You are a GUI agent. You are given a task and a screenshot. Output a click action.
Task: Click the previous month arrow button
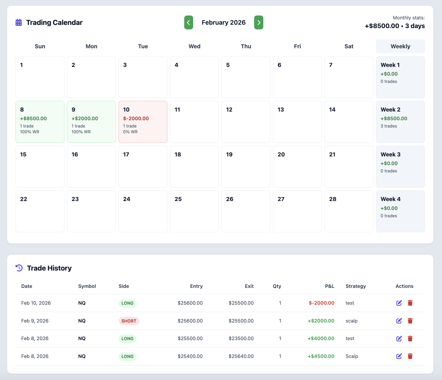[188, 23]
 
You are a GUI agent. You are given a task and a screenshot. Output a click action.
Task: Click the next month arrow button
[259, 23]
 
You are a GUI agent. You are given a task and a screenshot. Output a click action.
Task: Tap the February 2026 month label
[224, 23]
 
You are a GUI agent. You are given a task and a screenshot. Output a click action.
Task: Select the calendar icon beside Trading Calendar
[19, 23]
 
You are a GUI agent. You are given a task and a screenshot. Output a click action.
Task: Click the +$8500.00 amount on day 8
[33, 118]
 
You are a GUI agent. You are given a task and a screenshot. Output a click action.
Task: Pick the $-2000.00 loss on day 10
[136, 118]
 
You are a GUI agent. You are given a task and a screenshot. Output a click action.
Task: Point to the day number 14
[332, 110]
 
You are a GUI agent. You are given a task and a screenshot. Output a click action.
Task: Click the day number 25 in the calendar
[178, 199]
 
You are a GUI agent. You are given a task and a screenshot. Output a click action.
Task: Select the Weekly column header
[400, 46]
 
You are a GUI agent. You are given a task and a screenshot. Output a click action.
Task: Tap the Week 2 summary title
[390, 110]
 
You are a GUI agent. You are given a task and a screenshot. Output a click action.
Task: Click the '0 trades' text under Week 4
[389, 216]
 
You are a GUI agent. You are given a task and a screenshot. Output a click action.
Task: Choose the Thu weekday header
[246, 46]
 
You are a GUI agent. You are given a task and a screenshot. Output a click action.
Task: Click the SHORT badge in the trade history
[129, 321]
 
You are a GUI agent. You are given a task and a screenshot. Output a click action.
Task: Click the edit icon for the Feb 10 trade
[399, 303]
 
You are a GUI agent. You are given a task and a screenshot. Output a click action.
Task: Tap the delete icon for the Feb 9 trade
[410, 321]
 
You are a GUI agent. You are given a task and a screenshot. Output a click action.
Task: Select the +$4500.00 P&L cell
[321, 356]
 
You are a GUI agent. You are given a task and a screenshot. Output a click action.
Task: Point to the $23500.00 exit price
[241, 339]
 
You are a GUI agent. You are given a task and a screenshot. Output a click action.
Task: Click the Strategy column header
[356, 286]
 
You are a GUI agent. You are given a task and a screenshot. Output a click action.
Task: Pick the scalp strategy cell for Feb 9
[351, 321]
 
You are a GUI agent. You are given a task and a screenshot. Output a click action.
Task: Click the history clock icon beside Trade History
[19, 268]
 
